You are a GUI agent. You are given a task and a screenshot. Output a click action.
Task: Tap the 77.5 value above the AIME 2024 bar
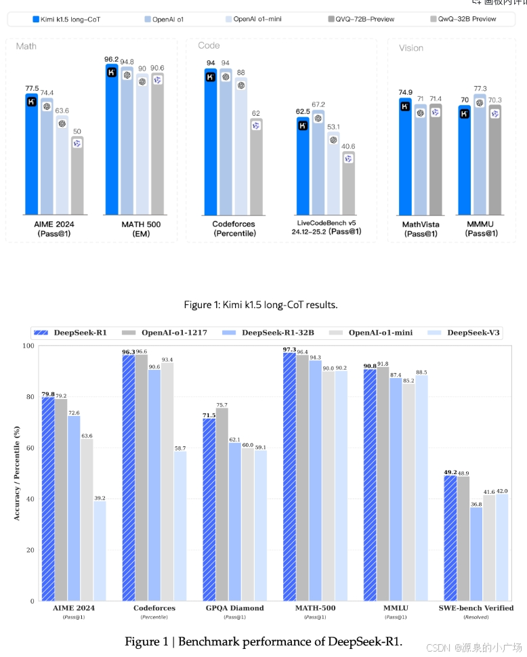pyautogui.click(x=31, y=88)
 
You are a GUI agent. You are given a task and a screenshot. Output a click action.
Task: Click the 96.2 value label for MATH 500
pyautogui.click(x=111, y=59)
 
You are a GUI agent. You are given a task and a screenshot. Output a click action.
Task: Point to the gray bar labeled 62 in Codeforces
pyautogui.click(x=256, y=166)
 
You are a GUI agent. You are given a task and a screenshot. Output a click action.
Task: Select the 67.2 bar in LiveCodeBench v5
pyautogui.click(x=318, y=165)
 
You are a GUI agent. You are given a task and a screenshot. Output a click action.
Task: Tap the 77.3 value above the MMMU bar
pyautogui.click(x=480, y=89)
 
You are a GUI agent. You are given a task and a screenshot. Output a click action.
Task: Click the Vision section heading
pyautogui.click(x=411, y=48)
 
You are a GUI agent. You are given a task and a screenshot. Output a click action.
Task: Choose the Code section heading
pyautogui.click(x=209, y=45)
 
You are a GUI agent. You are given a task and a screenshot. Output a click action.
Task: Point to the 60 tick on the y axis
pyautogui.click(x=30, y=448)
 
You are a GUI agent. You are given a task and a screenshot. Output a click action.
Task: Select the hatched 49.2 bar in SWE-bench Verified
pyautogui.click(x=450, y=538)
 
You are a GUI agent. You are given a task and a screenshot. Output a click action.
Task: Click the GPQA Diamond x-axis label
pyautogui.click(x=236, y=608)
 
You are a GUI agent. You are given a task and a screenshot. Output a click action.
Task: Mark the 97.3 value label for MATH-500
pyautogui.click(x=290, y=349)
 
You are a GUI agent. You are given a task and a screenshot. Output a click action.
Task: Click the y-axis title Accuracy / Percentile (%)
pyautogui.click(x=16, y=473)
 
